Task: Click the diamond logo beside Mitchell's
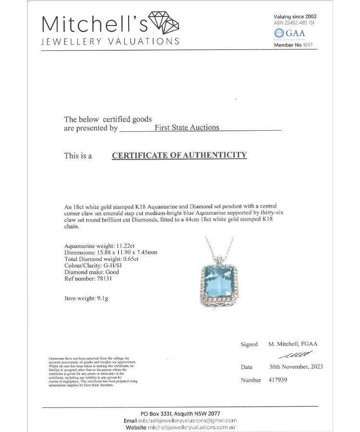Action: (165, 22)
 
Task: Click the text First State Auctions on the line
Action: (187, 127)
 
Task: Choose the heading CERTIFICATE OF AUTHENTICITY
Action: (179, 155)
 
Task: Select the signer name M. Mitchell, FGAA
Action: (293, 344)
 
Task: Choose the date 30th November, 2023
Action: (296, 367)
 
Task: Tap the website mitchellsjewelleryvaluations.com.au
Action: (192, 427)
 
